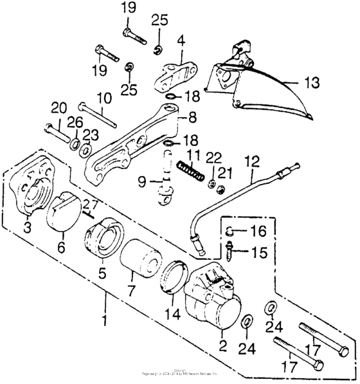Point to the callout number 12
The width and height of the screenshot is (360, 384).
(x=251, y=160)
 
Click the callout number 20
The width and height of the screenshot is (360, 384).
(x=59, y=107)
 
